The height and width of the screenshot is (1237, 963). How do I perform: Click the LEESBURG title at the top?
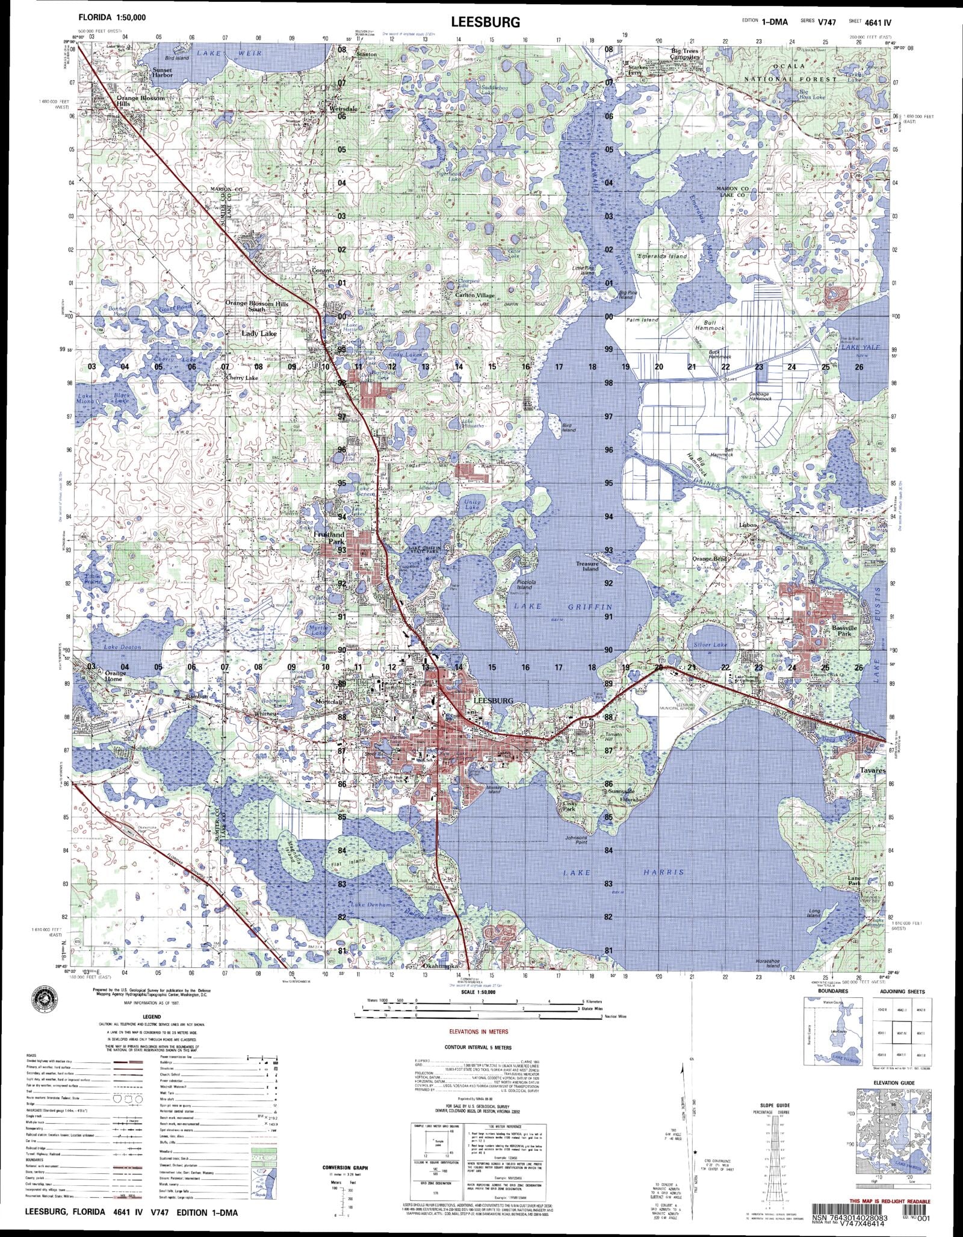485,23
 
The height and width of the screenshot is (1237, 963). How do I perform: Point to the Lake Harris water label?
624,872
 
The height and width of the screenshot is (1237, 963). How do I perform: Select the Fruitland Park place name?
329,537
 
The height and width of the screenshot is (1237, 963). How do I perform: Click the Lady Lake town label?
258,332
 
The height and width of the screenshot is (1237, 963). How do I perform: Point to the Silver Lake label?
710,644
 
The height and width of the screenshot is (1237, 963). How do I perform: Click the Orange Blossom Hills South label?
257,306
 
